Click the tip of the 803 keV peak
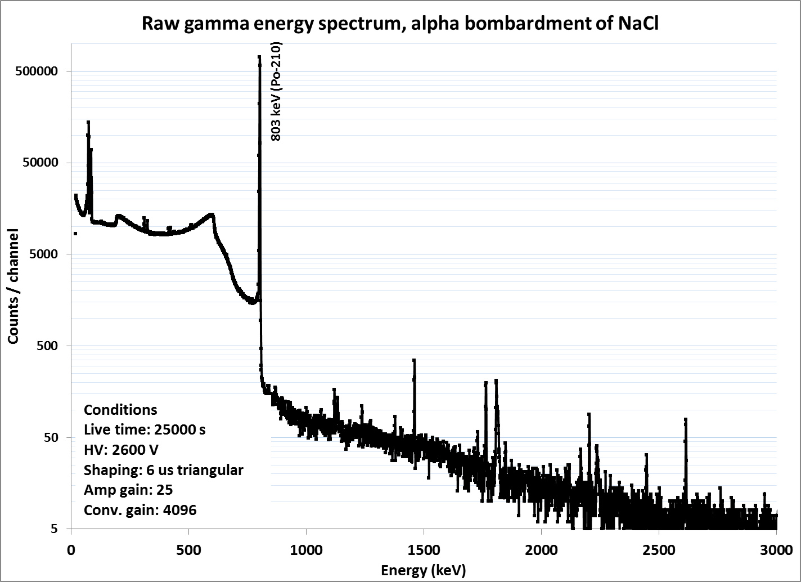tap(259, 57)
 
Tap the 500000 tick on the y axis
tap(37, 71)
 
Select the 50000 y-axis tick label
tap(40, 163)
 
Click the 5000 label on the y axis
tap(43, 254)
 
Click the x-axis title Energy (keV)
tap(424, 570)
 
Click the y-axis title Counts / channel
tap(13, 286)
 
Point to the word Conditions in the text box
tap(120, 410)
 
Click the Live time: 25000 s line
tap(145, 430)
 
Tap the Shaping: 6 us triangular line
tap(163, 471)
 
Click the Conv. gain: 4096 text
tap(140, 511)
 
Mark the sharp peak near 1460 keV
tap(414, 360)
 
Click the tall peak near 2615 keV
tap(685, 419)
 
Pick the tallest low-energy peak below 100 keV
tap(88, 122)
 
